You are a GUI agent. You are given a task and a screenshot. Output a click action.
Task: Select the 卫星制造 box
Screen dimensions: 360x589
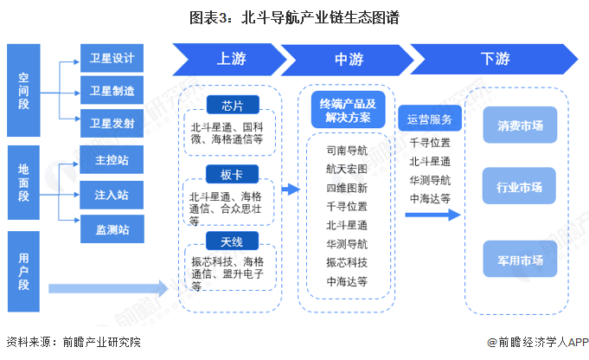point(112,91)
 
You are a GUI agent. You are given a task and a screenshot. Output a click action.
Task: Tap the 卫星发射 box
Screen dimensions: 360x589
point(112,124)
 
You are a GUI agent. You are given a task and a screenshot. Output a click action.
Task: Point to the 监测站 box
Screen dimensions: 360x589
point(112,229)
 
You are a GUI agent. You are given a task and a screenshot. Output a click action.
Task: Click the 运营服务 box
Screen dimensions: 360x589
point(430,119)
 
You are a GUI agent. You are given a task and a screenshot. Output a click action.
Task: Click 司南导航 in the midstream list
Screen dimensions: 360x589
point(347,151)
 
